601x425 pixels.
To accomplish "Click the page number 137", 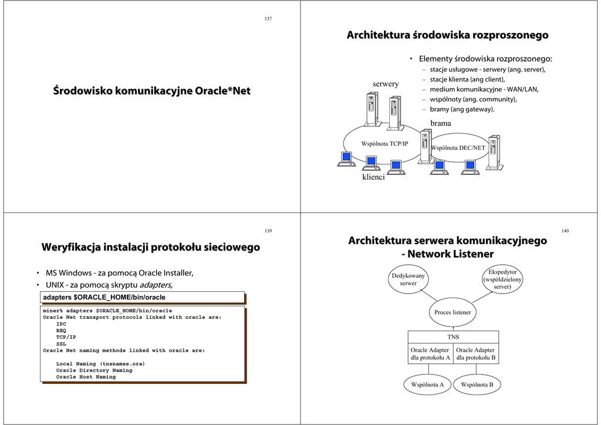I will (x=268, y=19).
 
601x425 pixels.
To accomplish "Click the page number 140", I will (x=565, y=231).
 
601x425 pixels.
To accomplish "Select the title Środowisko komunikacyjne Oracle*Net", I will (x=152, y=91).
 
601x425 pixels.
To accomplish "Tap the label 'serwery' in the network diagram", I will (x=386, y=84).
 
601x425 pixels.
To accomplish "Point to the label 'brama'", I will (x=441, y=123).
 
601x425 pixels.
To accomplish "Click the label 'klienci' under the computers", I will (x=373, y=177).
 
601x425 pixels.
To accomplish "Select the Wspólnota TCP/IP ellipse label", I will (x=384, y=143).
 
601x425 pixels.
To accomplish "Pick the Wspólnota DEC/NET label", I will (x=458, y=148).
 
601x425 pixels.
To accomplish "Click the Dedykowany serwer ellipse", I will (x=408, y=279).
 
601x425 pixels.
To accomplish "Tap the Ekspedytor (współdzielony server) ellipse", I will (x=502, y=279).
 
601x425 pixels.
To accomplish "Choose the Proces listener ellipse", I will (x=453, y=312).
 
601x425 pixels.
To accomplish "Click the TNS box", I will (x=453, y=337).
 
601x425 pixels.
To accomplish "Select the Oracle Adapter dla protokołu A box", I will (x=430, y=353).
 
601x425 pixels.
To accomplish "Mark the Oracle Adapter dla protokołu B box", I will (x=476, y=353).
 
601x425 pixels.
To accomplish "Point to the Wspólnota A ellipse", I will (x=427, y=384).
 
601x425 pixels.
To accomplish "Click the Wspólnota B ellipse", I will (x=477, y=384).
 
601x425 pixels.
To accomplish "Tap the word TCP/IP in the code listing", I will (x=66, y=338).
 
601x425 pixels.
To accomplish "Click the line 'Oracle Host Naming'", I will (x=86, y=377).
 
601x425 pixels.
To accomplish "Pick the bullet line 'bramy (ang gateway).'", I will (x=462, y=109).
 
